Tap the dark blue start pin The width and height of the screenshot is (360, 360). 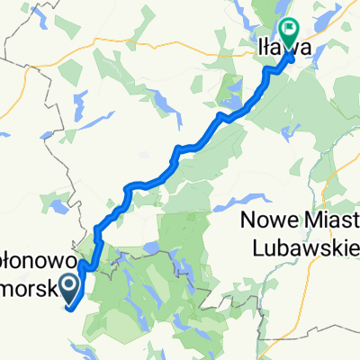[x=68, y=287]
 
